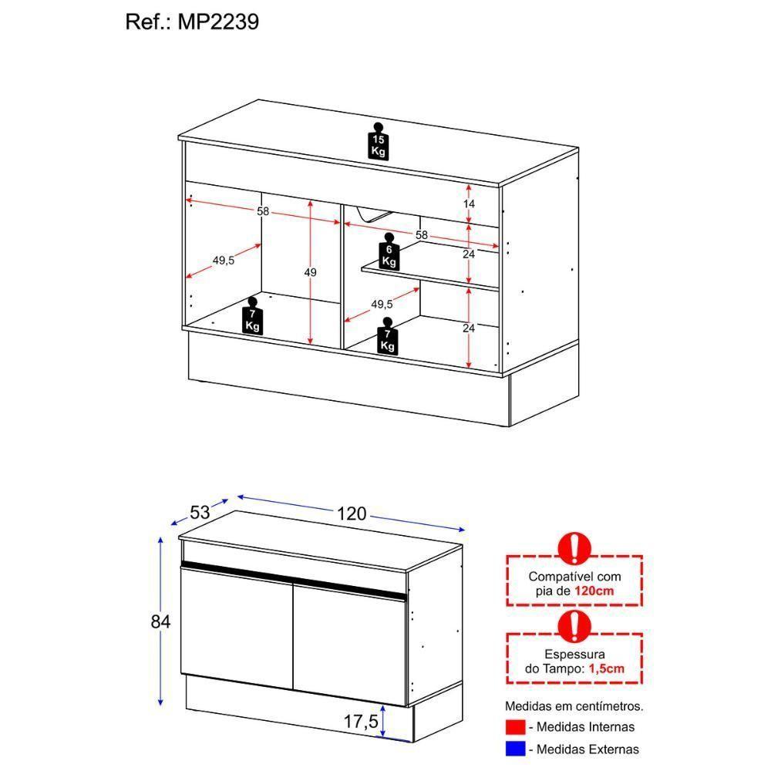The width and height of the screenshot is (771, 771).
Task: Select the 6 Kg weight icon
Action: (389, 252)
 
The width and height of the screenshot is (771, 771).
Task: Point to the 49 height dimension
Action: (310, 272)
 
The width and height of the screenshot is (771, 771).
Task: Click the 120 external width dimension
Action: (351, 514)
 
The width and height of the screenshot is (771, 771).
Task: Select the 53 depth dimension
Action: (200, 511)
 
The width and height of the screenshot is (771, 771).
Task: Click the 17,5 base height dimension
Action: (360, 722)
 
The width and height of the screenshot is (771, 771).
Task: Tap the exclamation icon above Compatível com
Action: (574, 548)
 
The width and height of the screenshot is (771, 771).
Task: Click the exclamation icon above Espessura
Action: (574, 628)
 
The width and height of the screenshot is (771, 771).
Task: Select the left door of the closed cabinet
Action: (235, 628)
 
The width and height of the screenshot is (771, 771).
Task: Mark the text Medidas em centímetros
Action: (574, 705)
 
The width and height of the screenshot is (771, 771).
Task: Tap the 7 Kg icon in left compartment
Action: (252, 316)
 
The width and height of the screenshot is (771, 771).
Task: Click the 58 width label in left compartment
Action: (263, 211)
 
